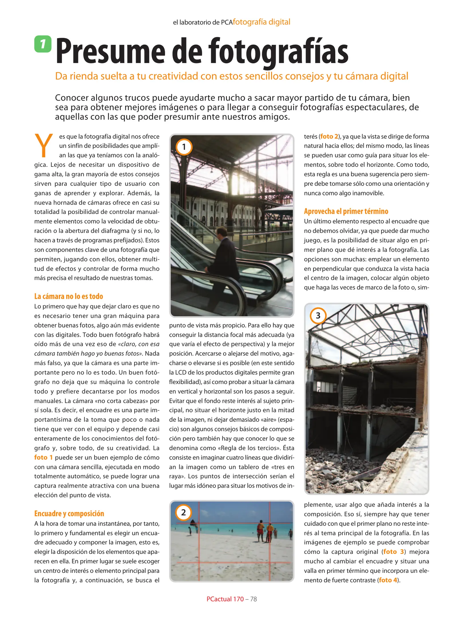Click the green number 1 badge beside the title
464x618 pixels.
tap(43, 44)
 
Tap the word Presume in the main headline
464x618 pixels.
tap(110, 51)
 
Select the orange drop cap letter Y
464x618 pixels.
tap(43, 146)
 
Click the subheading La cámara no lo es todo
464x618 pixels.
tap(68, 296)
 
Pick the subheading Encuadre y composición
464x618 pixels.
tap(69, 514)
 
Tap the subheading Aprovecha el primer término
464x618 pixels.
tap(346, 211)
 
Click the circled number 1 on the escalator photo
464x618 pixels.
tap(184, 147)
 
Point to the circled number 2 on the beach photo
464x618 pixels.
tap(183, 512)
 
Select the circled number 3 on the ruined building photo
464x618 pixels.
tap(318, 316)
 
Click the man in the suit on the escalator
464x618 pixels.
tap(221, 255)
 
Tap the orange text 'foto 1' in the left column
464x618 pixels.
tap(43, 457)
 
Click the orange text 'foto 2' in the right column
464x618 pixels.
tap(329, 136)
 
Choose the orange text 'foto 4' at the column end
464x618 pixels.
tap(388, 580)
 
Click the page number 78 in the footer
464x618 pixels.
tap(253, 599)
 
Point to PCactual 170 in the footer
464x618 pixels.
tap(225, 599)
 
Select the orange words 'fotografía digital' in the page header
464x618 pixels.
tap(261, 22)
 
